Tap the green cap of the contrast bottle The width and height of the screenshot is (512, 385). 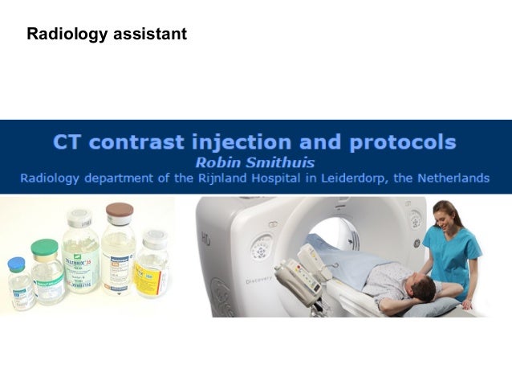point(45,246)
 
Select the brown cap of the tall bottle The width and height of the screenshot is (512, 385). point(119,211)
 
